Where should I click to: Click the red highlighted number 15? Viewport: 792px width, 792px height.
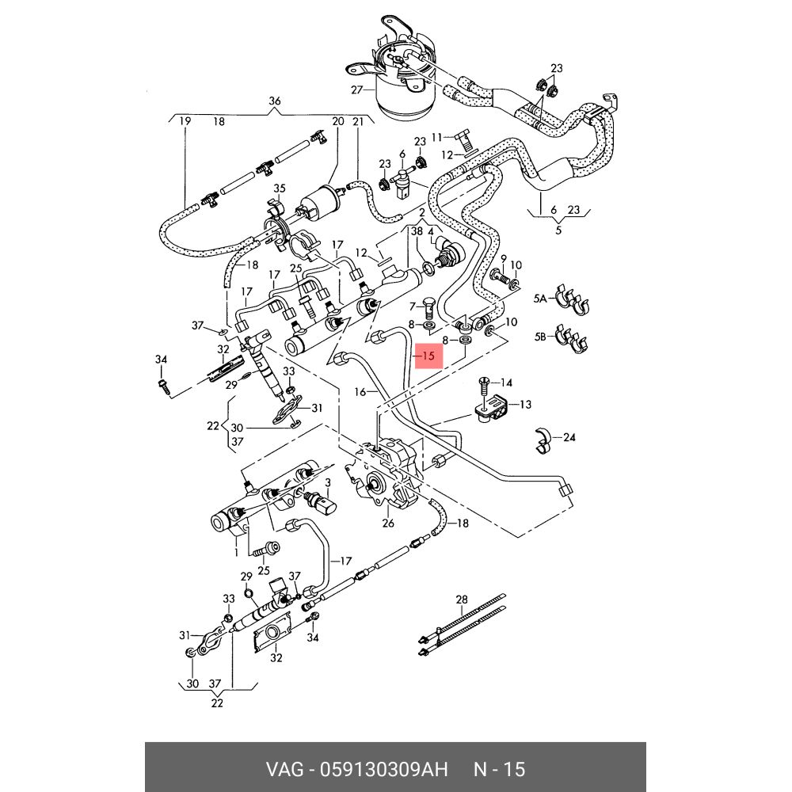428,356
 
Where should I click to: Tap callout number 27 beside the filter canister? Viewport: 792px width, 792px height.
356,90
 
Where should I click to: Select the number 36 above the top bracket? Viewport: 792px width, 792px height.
275,101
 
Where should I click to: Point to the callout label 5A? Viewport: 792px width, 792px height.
540,299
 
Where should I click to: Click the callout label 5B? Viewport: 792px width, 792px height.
540,337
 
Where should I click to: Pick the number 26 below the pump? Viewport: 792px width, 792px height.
388,523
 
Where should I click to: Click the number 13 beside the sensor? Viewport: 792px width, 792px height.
524,405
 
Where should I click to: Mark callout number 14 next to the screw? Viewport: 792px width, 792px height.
506,383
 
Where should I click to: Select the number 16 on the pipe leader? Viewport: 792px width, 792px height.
360,391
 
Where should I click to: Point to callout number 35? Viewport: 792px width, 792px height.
279,188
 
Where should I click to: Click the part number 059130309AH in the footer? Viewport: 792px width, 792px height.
384,769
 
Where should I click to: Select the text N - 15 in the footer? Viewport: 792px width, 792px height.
499,769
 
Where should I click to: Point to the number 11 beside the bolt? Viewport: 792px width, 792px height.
436,137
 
